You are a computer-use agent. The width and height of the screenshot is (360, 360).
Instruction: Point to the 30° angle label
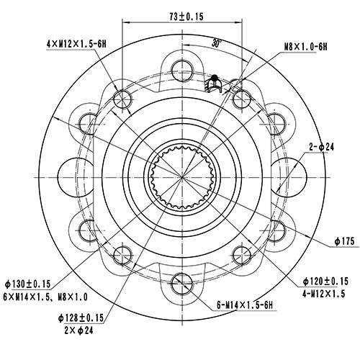click(217, 42)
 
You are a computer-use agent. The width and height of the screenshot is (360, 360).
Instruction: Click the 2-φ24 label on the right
click(321, 147)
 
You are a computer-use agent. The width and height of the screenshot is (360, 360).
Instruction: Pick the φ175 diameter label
click(345, 241)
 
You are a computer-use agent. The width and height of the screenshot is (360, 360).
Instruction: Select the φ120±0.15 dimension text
click(323, 280)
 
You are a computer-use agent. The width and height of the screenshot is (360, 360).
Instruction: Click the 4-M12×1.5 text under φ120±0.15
click(323, 294)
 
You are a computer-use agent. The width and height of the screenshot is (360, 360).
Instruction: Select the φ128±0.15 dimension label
click(82, 318)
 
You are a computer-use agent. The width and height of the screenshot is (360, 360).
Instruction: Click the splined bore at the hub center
click(180, 176)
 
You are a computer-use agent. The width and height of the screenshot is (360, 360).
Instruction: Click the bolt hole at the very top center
click(180, 66)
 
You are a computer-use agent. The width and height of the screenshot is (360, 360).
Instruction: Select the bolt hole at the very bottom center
click(180, 285)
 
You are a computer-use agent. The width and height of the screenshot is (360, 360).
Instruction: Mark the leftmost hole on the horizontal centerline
click(71, 176)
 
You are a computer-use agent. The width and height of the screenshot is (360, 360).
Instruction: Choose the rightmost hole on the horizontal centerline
click(289, 176)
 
